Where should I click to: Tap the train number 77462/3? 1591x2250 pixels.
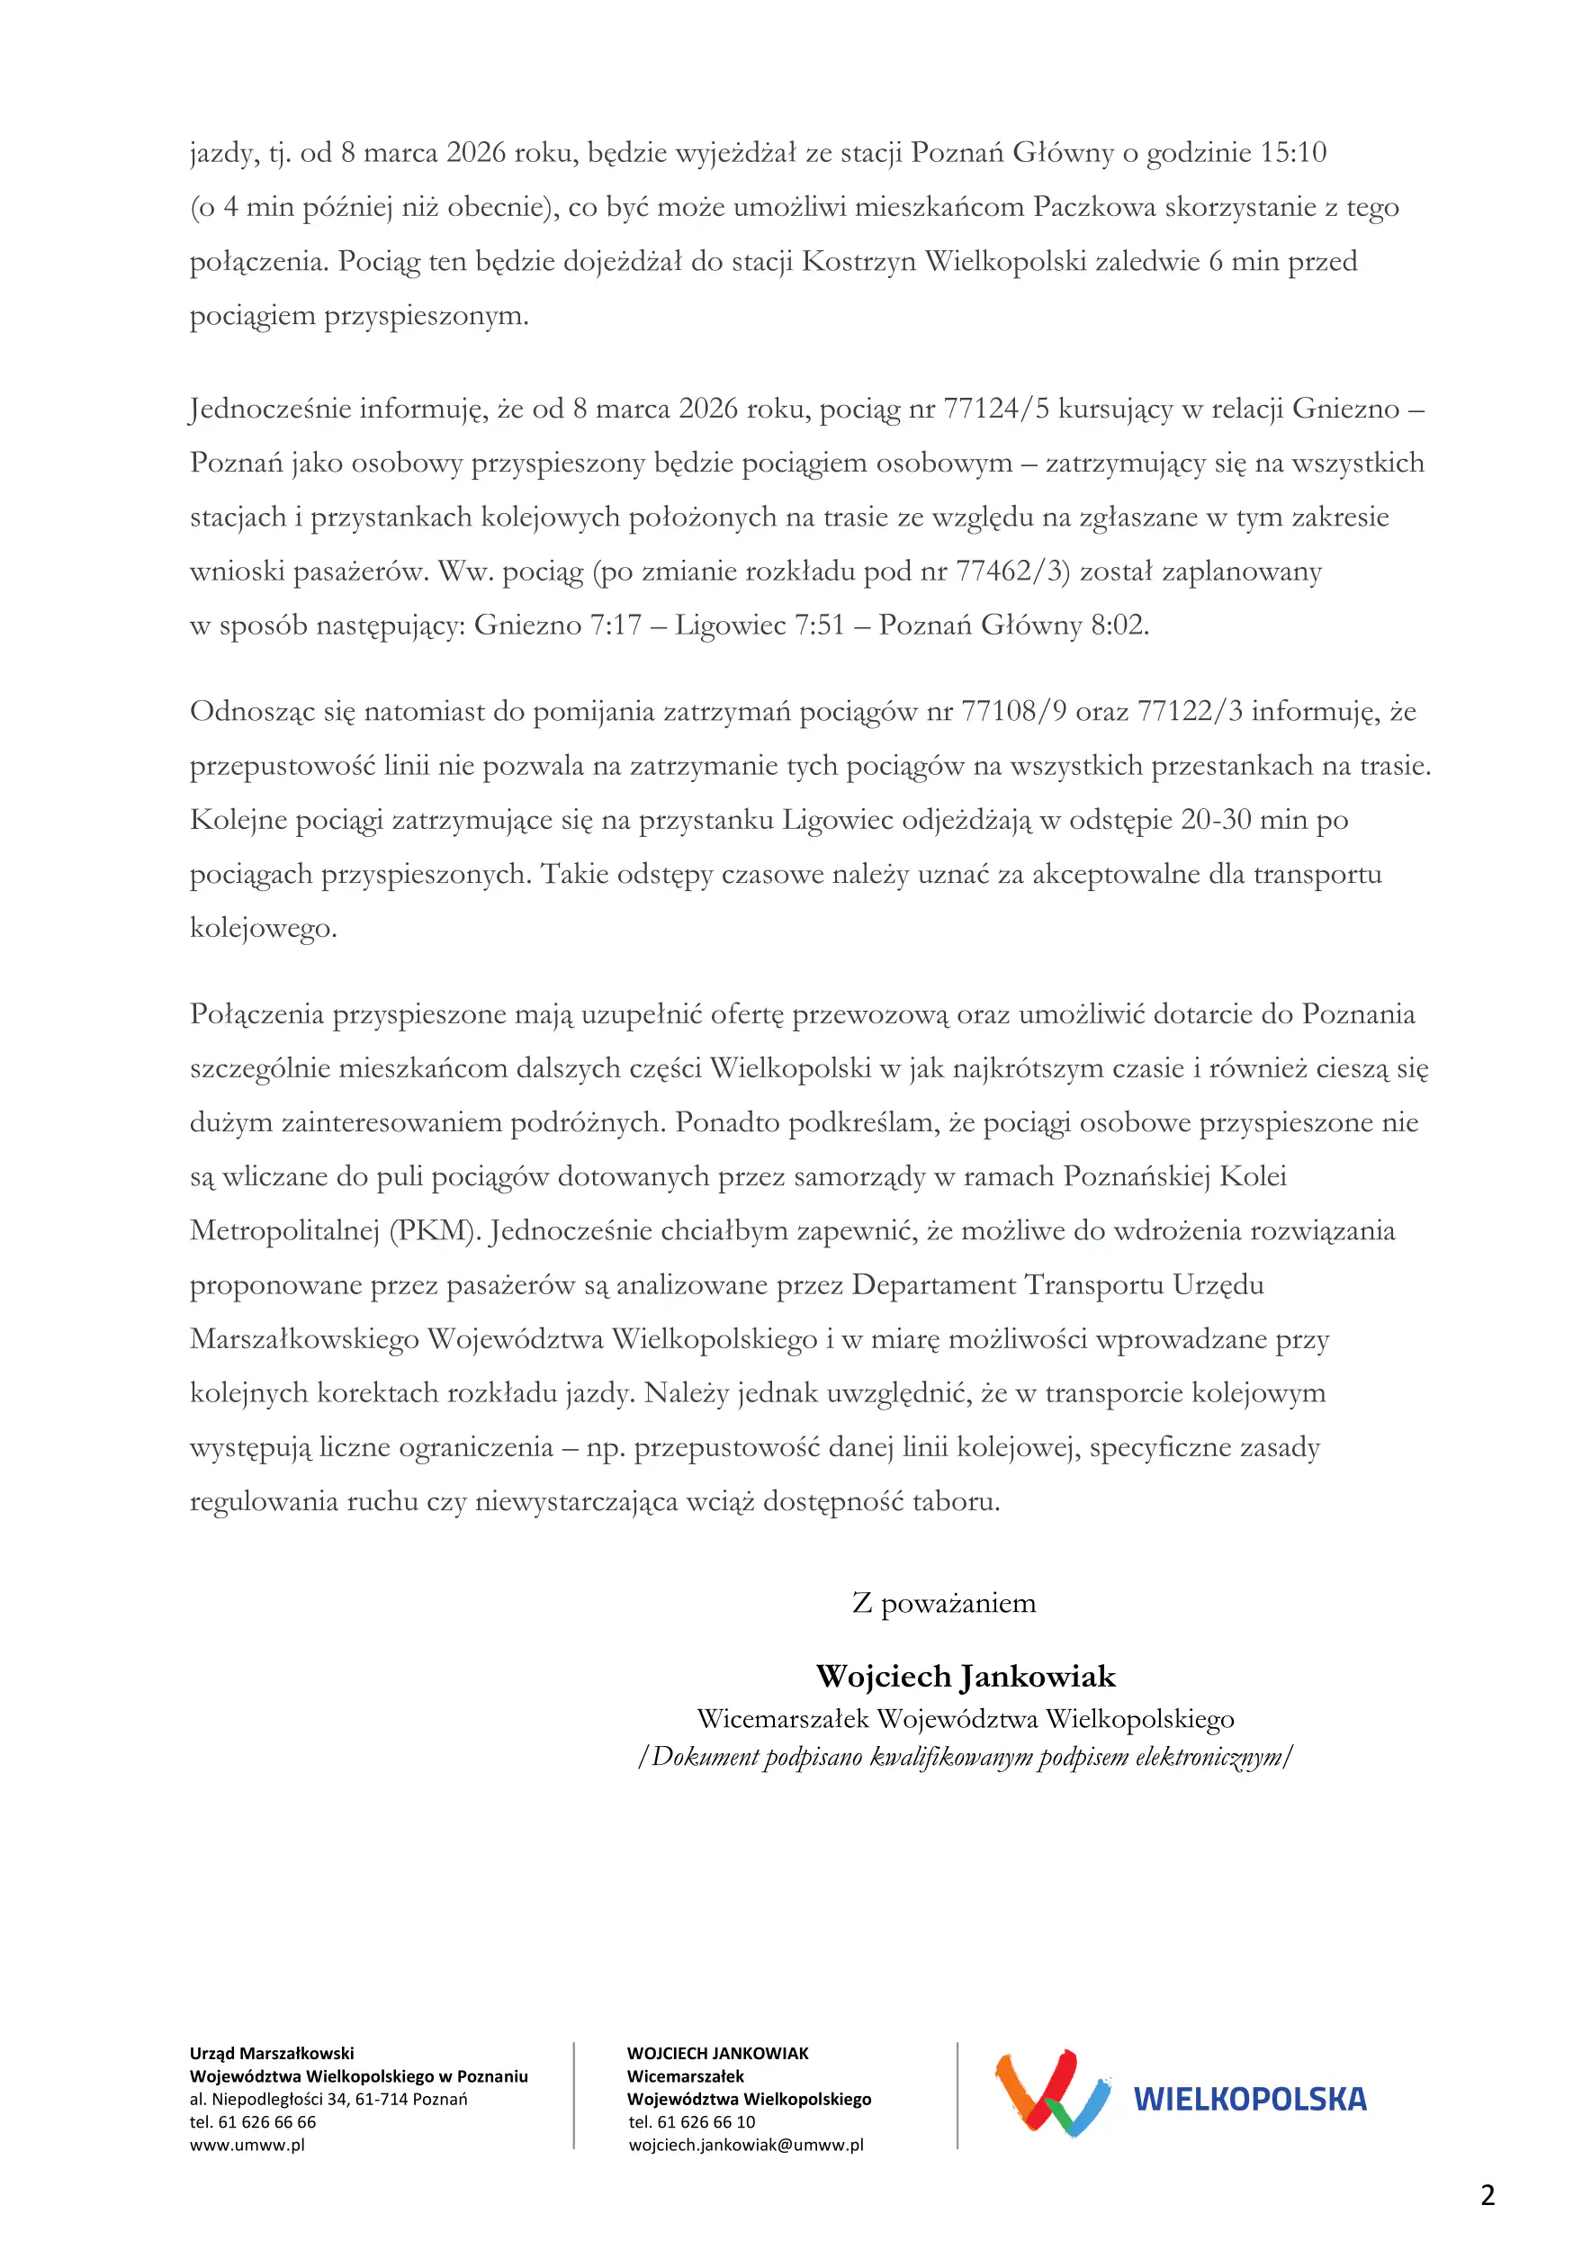(1013, 571)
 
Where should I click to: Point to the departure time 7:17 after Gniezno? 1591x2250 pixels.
(615, 625)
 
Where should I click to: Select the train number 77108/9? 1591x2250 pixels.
(1014, 712)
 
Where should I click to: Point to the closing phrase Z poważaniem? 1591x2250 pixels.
(943, 1603)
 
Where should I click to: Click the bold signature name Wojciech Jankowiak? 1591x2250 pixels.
(965, 1677)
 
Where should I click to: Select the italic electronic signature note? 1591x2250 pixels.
(965, 1757)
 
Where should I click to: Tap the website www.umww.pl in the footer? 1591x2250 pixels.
(247, 2145)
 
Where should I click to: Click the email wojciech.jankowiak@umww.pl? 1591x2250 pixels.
(745, 2145)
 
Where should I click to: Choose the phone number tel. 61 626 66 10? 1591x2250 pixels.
(692, 2122)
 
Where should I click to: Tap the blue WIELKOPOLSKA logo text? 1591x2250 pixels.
(1249, 2099)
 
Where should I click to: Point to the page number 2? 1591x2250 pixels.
(1488, 2195)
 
